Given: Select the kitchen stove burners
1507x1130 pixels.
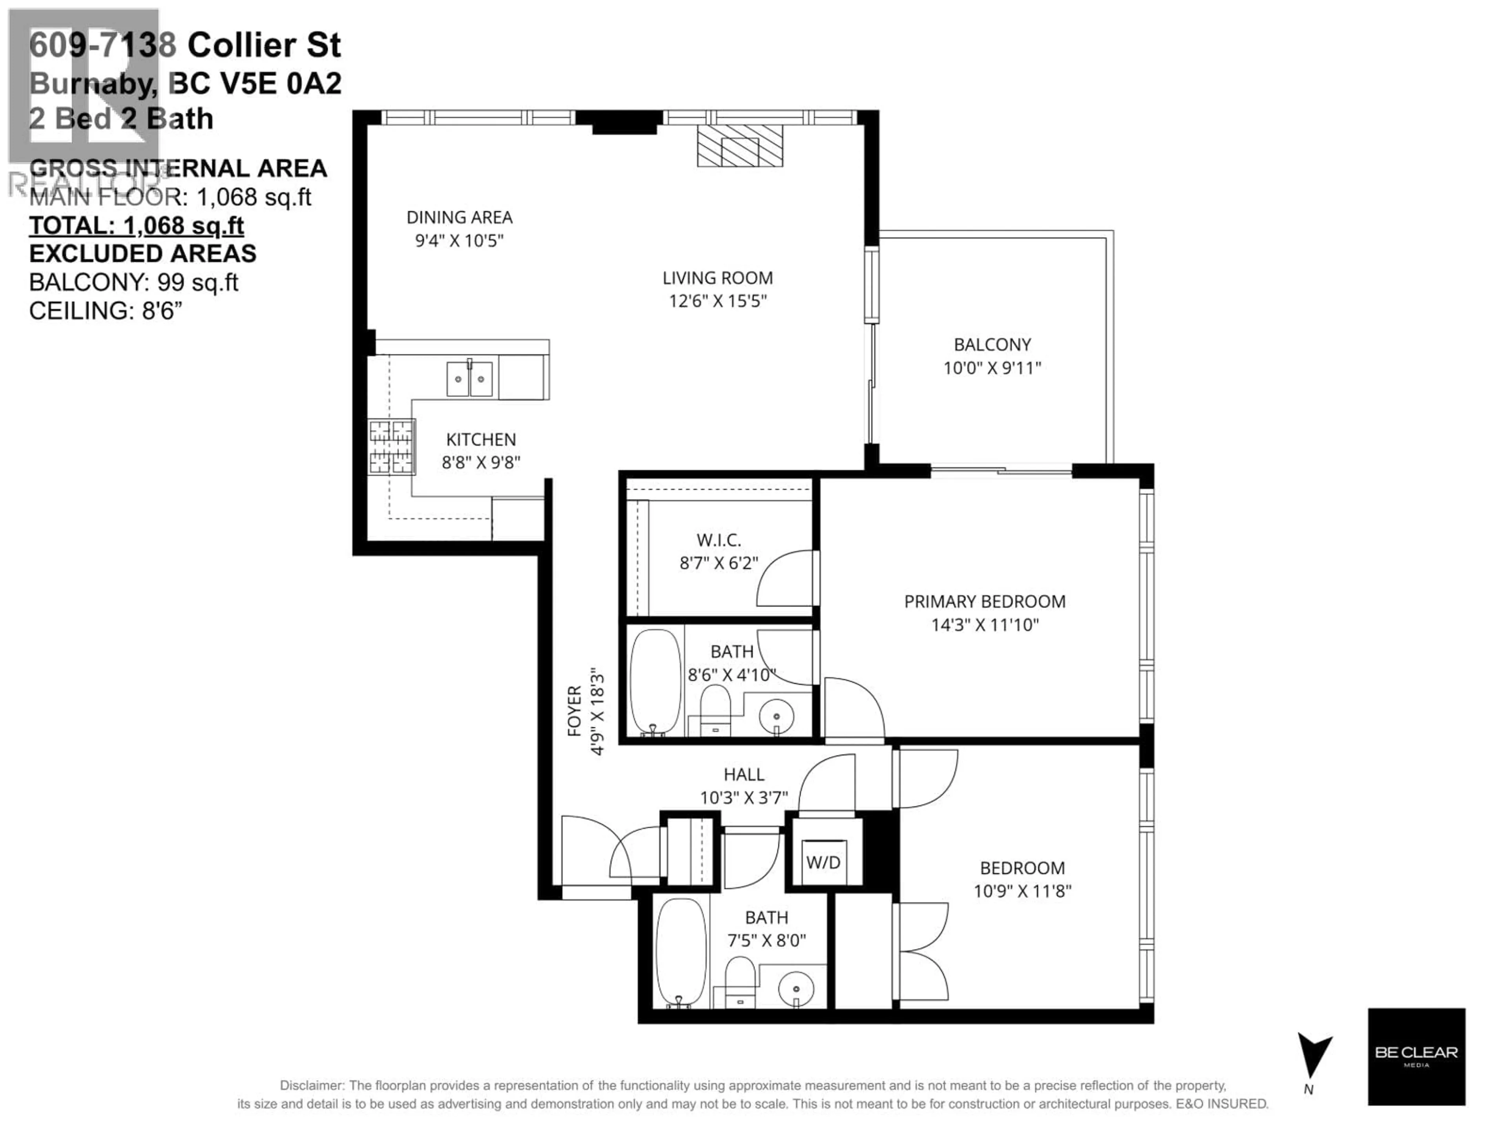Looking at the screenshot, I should point(392,447).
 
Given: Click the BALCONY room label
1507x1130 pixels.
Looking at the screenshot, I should point(992,344).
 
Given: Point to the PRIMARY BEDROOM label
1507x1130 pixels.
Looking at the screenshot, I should point(984,601).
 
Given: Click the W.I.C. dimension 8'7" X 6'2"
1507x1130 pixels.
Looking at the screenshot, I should point(719,563).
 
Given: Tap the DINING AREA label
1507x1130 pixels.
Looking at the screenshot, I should point(459,217).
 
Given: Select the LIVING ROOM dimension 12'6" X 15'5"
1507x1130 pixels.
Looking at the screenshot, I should point(717,301).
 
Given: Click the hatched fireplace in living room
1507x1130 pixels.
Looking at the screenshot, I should point(740,146).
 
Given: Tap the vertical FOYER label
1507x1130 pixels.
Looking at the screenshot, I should point(574,711).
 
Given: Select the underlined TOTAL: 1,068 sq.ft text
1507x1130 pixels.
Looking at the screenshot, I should point(136,226).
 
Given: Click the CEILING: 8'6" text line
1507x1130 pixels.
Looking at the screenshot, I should point(106,311).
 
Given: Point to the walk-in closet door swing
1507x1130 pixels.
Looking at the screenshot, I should point(783,579).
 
